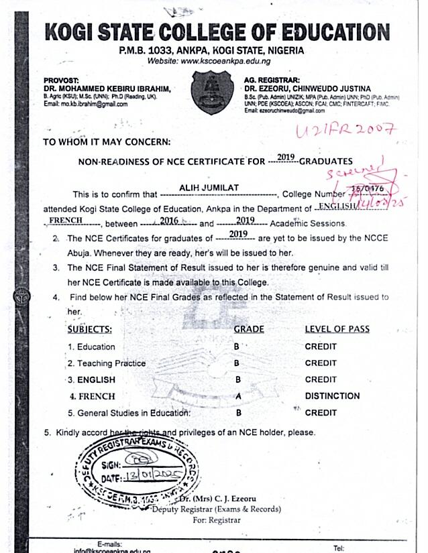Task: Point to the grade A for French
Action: tap(237, 396)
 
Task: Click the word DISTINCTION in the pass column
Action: tap(332, 396)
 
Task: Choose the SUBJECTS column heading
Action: tap(90, 329)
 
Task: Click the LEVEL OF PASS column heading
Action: tap(337, 329)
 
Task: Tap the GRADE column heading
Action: tap(248, 329)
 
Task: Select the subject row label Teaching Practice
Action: tap(107, 363)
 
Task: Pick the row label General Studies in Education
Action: tap(129, 413)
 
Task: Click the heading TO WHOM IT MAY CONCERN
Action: tap(107, 142)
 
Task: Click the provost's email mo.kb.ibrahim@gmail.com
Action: tap(85, 104)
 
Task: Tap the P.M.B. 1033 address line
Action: tap(211, 50)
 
